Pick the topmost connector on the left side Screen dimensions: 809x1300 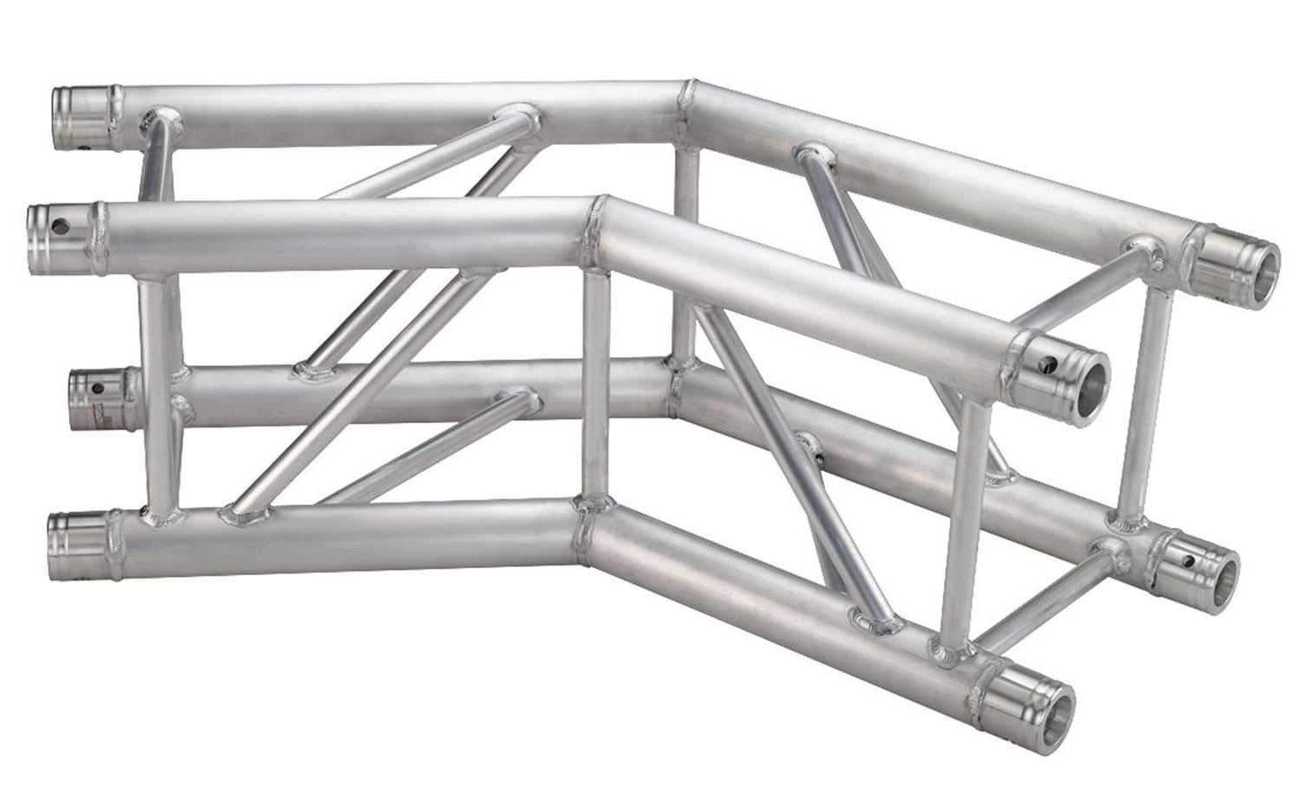(x=84, y=118)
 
